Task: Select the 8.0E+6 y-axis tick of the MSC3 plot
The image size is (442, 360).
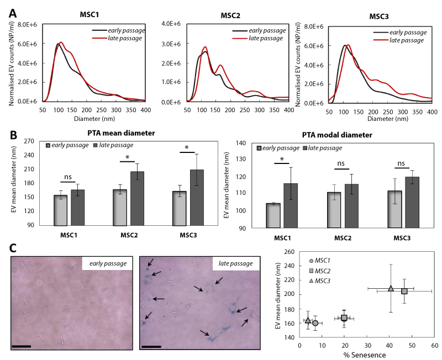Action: [315, 26]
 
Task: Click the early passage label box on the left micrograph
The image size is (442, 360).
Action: [107, 264]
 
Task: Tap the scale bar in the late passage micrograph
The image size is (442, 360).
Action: [151, 346]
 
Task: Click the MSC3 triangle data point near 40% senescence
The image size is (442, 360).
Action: [391, 288]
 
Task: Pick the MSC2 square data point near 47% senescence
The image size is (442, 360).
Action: [404, 291]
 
